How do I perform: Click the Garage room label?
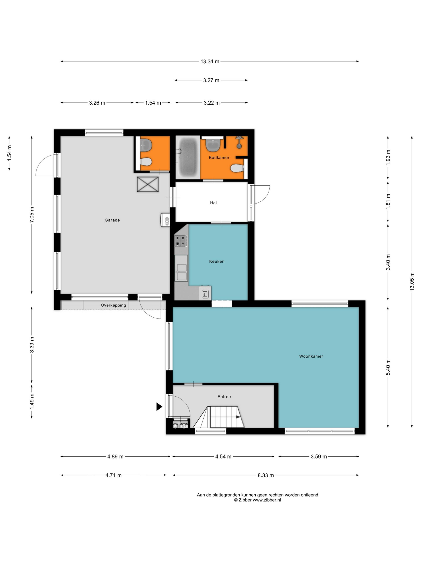click(x=112, y=220)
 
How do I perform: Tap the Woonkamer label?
click(x=311, y=356)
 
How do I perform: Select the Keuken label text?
click(x=217, y=261)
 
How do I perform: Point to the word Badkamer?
click(x=219, y=157)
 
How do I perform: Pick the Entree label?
click(x=224, y=397)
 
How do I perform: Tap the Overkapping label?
click(x=113, y=305)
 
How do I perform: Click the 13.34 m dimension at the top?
click(x=210, y=61)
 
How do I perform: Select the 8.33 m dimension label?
click(x=266, y=475)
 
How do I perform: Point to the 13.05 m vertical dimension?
click(x=412, y=282)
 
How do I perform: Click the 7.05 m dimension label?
click(x=32, y=215)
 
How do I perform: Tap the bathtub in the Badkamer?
click(x=187, y=158)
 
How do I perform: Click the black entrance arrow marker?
click(x=159, y=407)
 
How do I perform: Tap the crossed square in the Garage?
click(x=148, y=184)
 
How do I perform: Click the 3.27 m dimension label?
click(x=211, y=80)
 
